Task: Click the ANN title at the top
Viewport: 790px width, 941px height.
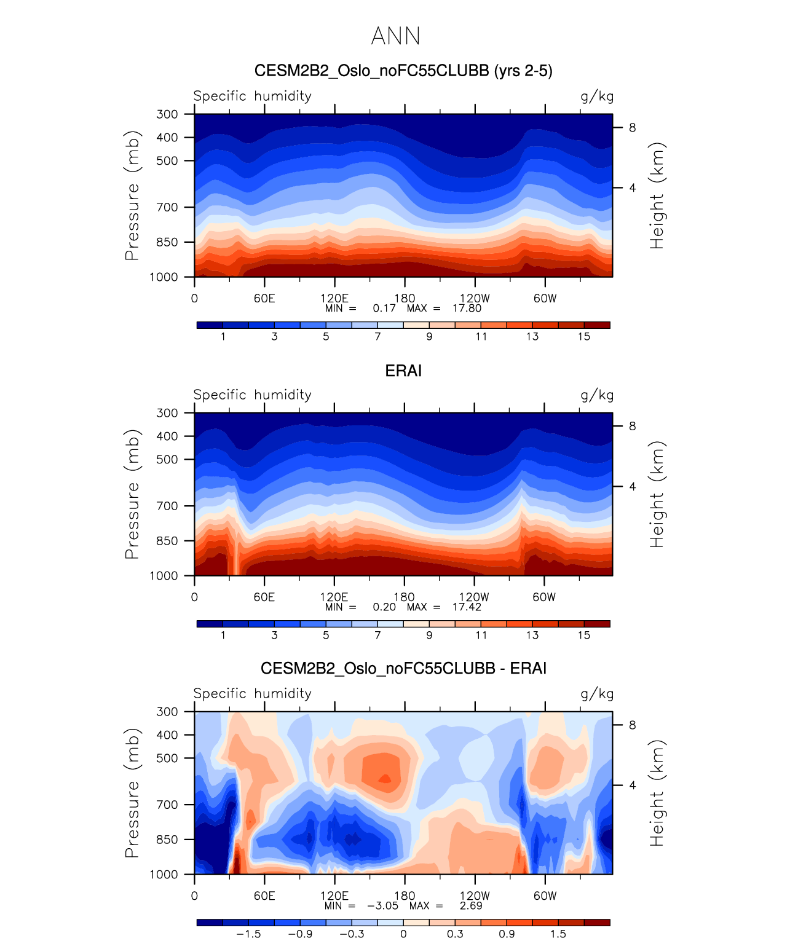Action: point(395,36)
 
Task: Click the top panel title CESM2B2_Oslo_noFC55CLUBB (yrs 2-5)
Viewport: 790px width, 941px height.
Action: point(403,71)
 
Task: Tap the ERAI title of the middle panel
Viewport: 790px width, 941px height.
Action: point(403,371)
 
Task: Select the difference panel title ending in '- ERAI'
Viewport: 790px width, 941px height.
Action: point(403,668)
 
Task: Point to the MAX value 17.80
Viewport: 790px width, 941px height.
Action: point(467,308)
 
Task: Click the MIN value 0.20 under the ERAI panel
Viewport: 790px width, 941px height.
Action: point(384,607)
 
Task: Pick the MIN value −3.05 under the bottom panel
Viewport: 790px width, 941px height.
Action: point(382,905)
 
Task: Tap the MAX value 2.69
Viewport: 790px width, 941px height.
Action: point(471,905)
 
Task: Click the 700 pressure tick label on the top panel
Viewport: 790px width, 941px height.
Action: point(167,207)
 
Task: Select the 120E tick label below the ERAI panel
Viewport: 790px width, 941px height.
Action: point(334,597)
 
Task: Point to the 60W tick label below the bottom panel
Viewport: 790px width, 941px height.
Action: point(545,896)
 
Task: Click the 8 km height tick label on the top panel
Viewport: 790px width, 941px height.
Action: point(632,128)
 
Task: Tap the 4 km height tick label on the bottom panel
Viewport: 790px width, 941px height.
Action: point(632,785)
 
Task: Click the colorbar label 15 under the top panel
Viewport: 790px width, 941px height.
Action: point(584,336)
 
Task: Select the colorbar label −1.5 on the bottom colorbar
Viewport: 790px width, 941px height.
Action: point(248,934)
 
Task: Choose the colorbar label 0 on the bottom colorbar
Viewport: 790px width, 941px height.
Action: point(403,934)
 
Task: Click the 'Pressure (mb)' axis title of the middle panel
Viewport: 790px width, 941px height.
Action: point(132,494)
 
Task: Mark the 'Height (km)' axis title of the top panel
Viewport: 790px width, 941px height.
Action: point(657,195)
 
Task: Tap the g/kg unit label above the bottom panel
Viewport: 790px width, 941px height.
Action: point(597,694)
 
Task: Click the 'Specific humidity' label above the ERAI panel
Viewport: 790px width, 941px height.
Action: point(252,395)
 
